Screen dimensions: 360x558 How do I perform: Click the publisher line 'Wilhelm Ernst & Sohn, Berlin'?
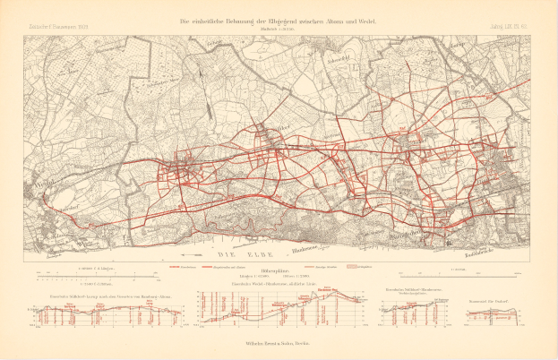[x=278, y=342]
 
